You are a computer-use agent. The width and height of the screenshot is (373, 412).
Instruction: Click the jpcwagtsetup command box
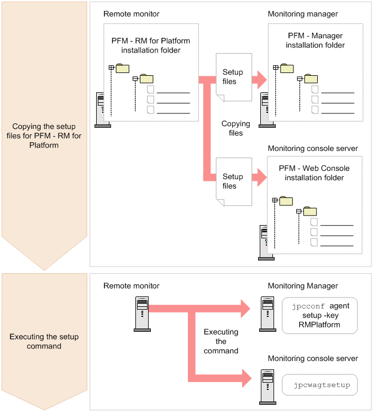pyautogui.click(x=319, y=385)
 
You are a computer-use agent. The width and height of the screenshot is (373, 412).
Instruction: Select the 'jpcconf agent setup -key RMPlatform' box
pyautogui.click(x=319, y=315)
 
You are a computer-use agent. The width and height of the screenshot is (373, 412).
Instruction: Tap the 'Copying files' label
pyautogui.click(x=236, y=128)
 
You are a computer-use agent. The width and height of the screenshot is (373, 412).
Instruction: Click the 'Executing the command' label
pyautogui.click(x=221, y=341)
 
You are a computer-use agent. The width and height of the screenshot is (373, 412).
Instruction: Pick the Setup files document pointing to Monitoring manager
pyautogui.click(x=234, y=77)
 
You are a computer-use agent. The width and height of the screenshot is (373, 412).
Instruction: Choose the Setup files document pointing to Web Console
pyautogui.click(x=234, y=182)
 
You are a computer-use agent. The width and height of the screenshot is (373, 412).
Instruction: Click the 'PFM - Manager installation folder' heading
pyautogui.click(x=315, y=40)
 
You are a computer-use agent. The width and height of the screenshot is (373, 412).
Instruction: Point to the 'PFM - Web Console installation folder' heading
pyautogui.click(x=314, y=173)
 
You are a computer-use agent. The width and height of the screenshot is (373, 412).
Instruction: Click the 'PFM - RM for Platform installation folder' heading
pyautogui.click(x=151, y=45)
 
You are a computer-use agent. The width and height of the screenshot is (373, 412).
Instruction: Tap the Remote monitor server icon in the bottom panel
pyautogui.click(x=142, y=314)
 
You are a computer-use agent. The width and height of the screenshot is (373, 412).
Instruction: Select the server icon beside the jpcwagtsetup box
pyautogui.click(x=267, y=387)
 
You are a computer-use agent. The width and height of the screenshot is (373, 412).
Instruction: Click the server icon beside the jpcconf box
pyautogui.click(x=267, y=314)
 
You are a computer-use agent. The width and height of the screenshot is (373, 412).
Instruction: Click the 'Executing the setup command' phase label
pyautogui.click(x=44, y=341)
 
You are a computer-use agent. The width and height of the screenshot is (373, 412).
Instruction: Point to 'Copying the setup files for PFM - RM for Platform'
pyautogui.click(x=44, y=135)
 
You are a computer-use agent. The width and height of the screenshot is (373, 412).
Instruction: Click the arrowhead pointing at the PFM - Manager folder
pyautogui.click(x=262, y=80)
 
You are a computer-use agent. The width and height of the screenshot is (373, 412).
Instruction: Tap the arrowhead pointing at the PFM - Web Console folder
pyautogui.click(x=262, y=178)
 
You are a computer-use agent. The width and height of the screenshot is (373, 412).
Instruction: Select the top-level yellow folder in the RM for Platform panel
pyautogui.click(x=122, y=69)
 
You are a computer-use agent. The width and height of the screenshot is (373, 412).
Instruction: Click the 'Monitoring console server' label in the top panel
pyautogui.click(x=313, y=148)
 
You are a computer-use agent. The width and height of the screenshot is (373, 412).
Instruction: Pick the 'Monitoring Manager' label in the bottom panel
pyautogui.click(x=303, y=285)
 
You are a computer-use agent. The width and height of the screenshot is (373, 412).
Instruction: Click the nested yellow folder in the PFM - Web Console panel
pyautogui.click(x=310, y=211)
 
